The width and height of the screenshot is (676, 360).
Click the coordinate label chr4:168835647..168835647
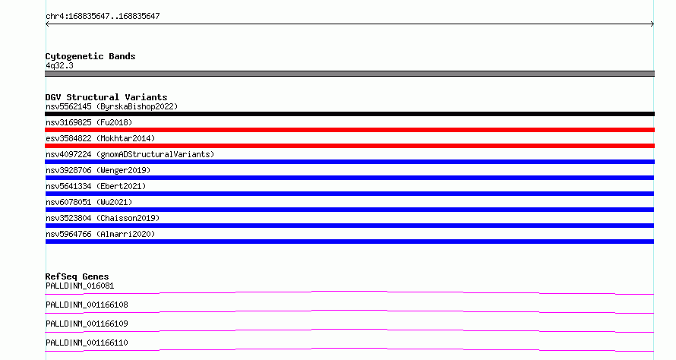pos(103,17)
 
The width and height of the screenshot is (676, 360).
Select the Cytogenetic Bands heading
pos(90,56)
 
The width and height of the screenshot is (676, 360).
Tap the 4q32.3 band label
pos(59,65)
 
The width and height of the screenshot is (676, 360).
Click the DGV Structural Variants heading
pos(106,97)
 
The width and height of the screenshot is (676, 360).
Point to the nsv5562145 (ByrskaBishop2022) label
pos(112,106)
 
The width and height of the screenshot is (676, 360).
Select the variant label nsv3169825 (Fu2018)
pos(89,122)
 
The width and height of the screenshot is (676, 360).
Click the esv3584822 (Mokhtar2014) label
pos(100,138)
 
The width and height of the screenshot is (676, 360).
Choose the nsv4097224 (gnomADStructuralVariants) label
pos(130,154)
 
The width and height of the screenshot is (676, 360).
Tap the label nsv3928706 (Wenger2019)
pos(98,170)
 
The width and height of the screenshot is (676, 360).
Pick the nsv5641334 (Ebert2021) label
pos(96,186)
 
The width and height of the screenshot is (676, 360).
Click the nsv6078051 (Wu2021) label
pos(89,202)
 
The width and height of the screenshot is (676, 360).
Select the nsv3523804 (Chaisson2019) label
pos(103,218)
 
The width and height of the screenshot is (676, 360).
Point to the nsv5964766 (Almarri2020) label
pos(100,234)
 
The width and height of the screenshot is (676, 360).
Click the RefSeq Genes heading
pos(77,276)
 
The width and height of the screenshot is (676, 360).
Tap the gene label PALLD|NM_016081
pos(80,286)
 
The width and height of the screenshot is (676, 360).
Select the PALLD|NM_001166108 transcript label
pos(87,305)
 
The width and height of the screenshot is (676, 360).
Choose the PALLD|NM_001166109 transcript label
pos(87,324)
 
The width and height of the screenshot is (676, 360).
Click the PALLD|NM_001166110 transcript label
pos(87,343)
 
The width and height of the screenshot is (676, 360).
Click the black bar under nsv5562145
pos(349,114)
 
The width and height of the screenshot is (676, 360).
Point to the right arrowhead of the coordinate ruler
pos(652,24)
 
